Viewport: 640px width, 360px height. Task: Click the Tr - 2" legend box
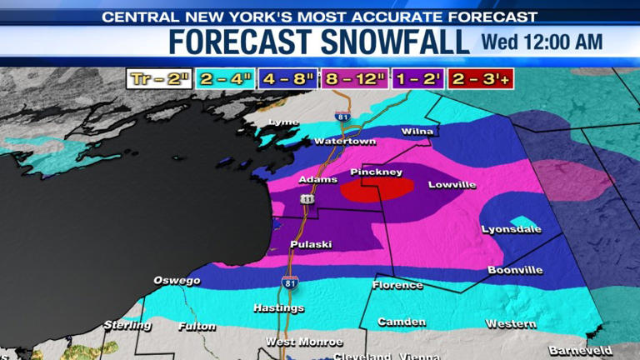point(158,79)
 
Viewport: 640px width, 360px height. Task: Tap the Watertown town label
point(344,141)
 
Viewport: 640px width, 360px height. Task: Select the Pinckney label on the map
point(376,172)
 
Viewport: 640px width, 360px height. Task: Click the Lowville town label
point(451,184)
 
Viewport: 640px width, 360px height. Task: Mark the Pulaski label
point(311,244)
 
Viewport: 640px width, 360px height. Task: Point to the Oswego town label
point(177,280)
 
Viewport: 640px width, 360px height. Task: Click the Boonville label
point(515,269)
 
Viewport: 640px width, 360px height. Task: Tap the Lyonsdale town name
point(511,229)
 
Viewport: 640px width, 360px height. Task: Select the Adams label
point(317,179)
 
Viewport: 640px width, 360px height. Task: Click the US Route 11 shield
point(307,199)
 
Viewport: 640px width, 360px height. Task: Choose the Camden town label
point(402,322)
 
